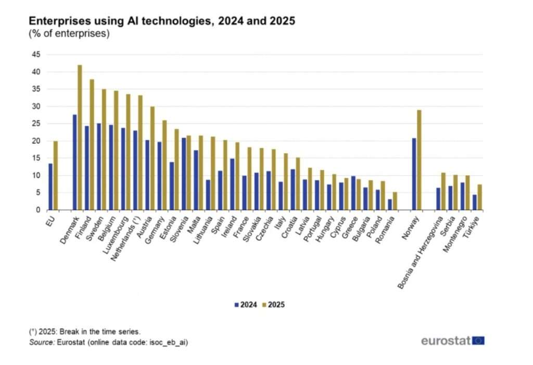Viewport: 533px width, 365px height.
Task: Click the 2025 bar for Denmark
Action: coord(80,138)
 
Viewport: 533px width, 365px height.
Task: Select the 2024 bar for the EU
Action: coord(50,187)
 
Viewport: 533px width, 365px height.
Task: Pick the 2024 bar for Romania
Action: coord(389,204)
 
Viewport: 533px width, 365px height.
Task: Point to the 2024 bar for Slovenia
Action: coord(183,174)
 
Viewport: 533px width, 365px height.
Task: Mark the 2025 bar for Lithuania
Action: coord(213,173)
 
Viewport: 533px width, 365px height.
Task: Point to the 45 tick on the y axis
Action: coord(36,54)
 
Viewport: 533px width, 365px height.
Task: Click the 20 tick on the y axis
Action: coord(36,141)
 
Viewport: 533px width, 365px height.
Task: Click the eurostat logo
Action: coord(453,340)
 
